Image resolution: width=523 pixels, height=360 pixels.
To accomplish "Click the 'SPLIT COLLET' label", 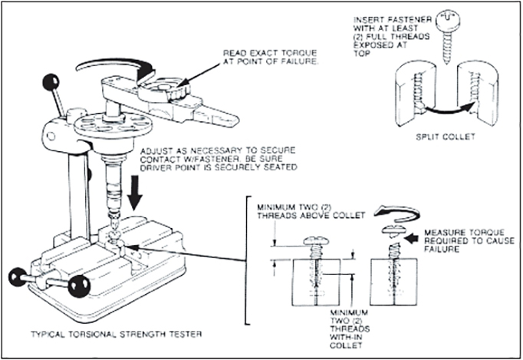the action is (446, 137).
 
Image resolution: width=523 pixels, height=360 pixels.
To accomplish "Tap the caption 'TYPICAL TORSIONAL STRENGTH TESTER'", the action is (116, 334).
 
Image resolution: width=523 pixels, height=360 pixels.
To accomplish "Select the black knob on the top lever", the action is (51, 82).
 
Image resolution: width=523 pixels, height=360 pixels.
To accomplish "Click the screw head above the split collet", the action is (446, 19).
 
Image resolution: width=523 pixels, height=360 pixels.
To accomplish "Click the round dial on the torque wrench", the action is (164, 88).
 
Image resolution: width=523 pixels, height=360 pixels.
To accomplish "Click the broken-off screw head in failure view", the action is (394, 230).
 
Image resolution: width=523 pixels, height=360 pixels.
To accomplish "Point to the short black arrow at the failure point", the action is (411, 238).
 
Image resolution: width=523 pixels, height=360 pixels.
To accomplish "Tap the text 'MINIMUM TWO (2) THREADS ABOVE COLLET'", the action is (311, 211).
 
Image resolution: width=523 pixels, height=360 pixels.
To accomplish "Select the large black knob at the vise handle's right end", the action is (79, 285).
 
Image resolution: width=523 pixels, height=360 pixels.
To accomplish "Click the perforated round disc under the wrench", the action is (113, 124).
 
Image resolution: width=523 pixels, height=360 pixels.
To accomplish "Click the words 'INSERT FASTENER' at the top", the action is (393, 20).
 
